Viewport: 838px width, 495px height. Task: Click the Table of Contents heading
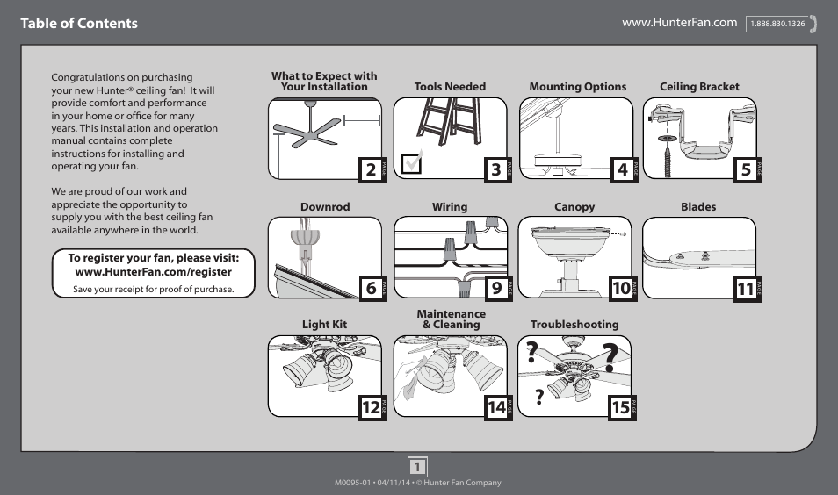click(x=80, y=24)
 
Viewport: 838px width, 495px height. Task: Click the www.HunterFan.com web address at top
click(x=679, y=23)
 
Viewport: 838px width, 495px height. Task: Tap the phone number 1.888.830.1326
click(x=777, y=25)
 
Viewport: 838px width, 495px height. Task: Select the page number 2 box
click(x=371, y=169)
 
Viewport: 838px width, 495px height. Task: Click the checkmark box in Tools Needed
click(x=410, y=164)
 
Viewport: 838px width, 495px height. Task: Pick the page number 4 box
click(x=622, y=169)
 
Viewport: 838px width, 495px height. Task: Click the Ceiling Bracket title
click(x=699, y=87)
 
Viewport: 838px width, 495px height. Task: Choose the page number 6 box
click(x=371, y=288)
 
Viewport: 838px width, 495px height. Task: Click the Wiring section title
click(x=449, y=207)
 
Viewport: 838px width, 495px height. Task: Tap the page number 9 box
click(x=496, y=288)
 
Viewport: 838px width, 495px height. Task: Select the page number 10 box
click(x=621, y=288)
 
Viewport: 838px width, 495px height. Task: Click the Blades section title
click(x=698, y=207)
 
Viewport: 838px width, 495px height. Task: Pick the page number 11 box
click(x=746, y=288)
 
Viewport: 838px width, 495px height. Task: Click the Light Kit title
click(x=324, y=325)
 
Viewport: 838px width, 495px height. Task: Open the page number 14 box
click(x=496, y=407)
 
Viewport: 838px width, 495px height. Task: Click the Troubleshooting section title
click(x=574, y=325)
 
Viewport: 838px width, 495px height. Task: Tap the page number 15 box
click(x=621, y=407)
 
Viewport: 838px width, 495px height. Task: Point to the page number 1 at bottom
click(x=418, y=466)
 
